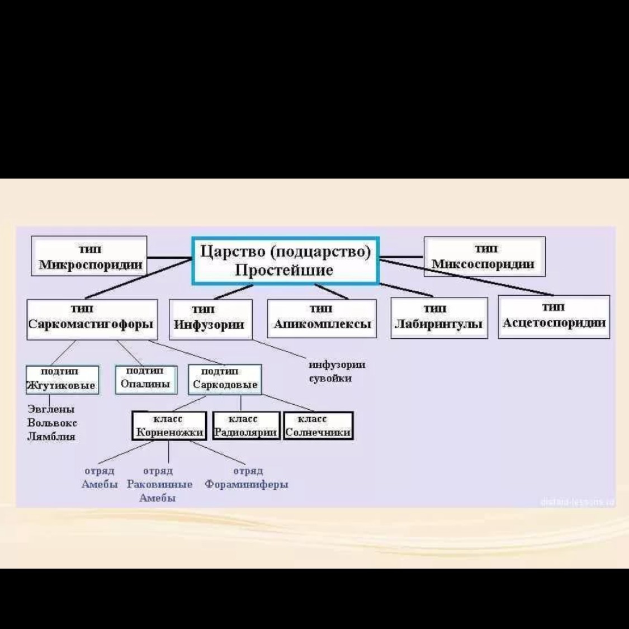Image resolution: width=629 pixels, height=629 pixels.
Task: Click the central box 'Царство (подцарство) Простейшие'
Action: (x=285, y=261)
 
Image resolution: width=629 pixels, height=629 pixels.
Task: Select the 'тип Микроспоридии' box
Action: (x=89, y=256)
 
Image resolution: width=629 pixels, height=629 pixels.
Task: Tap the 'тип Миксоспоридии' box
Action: (x=484, y=256)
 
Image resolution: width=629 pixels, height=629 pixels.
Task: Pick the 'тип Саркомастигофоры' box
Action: (x=90, y=319)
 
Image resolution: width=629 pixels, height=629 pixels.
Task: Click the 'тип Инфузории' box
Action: (x=210, y=319)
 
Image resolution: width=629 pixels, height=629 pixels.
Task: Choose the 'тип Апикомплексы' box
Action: (x=321, y=318)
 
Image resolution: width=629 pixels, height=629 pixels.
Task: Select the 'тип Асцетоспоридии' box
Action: (x=554, y=316)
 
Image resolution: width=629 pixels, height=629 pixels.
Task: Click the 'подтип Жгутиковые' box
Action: (x=62, y=380)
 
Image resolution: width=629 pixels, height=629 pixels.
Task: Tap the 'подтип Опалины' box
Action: (x=146, y=379)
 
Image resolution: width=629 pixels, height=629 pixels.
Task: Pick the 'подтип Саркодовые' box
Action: (x=225, y=379)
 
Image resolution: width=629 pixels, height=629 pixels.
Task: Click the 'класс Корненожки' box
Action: (x=169, y=426)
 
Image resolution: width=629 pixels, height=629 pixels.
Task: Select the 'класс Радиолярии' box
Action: (x=245, y=426)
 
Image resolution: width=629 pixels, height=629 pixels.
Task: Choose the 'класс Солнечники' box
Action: (x=318, y=426)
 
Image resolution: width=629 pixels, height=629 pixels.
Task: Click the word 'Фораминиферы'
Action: (x=247, y=484)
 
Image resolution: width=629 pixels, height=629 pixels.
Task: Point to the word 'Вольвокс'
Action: (x=52, y=423)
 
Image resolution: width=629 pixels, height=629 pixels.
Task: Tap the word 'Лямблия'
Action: (x=51, y=436)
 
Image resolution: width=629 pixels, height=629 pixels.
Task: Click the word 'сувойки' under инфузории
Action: (x=330, y=379)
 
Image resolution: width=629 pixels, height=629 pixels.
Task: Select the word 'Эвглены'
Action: (x=51, y=409)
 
